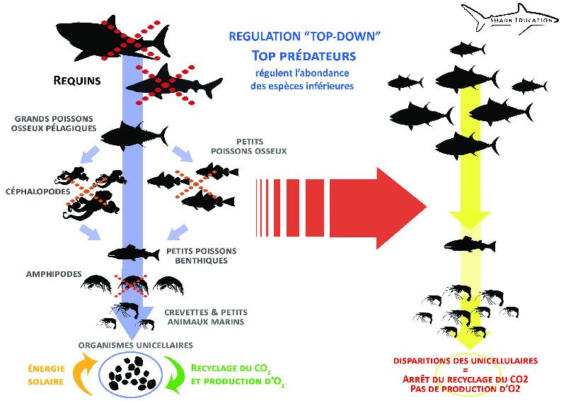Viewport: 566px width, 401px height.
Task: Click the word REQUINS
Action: (77, 80)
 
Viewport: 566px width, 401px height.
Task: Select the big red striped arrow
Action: (341, 208)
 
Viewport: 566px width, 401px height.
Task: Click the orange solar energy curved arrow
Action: (83, 374)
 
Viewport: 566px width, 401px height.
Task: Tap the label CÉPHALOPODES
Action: (38, 191)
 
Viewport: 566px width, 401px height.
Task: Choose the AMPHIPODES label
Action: (54, 274)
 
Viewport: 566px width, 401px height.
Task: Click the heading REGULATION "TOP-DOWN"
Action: (305, 36)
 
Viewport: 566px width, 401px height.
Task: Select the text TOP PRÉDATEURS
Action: (304, 56)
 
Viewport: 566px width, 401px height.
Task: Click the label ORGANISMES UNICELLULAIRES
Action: (136, 345)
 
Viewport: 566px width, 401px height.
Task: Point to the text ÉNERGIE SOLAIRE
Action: (46, 375)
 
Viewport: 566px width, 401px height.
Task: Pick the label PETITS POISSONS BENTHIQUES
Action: (202, 256)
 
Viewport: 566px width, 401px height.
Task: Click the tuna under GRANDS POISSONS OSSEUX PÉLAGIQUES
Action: (134, 135)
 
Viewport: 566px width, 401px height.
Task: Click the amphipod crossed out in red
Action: (132, 284)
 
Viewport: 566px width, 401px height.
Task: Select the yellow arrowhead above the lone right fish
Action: (470, 219)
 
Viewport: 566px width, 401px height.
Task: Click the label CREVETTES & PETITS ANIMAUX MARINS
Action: (206, 317)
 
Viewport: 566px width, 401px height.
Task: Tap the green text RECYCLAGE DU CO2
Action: (231, 368)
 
